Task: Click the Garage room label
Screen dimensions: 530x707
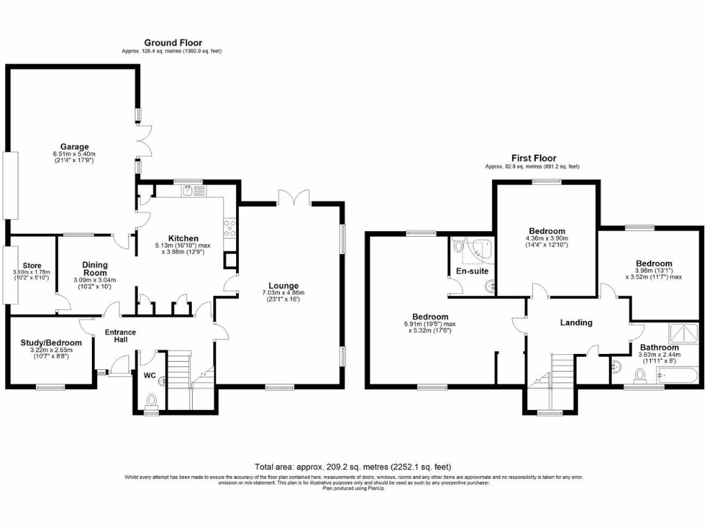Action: pyautogui.click(x=74, y=146)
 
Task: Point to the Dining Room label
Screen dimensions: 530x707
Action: pyautogui.click(x=95, y=268)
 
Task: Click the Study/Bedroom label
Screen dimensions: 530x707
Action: pyautogui.click(x=52, y=342)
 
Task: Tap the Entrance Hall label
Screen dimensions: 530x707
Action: pyautogui.click(x=120, y=337)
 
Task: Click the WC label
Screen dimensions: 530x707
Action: pyautogui.click(x=150, y=376)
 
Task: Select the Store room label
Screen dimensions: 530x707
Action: pyautogui.click(x=32, y=265)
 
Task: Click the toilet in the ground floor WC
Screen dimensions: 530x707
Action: pyautogui.click(x=151, y=401)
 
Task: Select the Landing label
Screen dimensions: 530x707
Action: pyautogui.click(x=576, y=322)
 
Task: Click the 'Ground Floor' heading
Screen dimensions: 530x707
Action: pyautogui.click(x=173, y=43)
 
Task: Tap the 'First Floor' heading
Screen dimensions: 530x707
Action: pyautogui.click(x=532, y=158)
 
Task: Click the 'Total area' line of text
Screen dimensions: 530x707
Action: pyautogui.click(x=353, y=467)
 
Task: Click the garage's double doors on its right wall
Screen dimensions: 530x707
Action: pyautogui.click(x=144, y=141)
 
